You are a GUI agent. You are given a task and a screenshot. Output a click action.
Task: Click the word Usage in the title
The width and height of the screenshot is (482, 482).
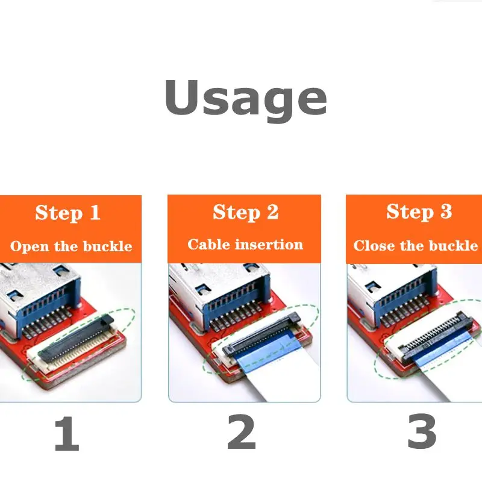(245, 99)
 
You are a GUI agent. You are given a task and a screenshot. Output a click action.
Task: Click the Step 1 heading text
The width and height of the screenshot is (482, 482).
(67, 213)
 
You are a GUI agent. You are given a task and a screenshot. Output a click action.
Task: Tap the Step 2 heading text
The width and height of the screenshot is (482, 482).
(245, 212)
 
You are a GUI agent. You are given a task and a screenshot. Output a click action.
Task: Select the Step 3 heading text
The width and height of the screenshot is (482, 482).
(419, 212)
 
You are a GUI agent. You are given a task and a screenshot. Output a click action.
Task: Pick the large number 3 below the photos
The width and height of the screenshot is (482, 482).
(422, 433)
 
